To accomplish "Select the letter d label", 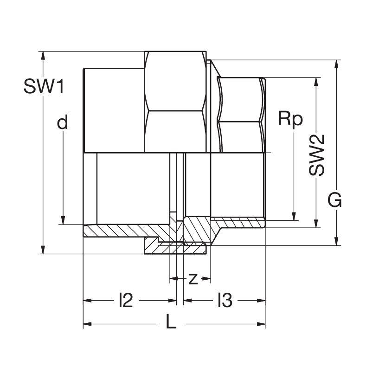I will (x=63, y=122).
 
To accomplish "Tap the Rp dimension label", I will (x=290, y=119).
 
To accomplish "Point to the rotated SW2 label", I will (x=317, y=155).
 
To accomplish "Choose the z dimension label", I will (x=193, y=279).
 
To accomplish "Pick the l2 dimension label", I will (x=126, y=301).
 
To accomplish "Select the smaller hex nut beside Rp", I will (x=241, y=114).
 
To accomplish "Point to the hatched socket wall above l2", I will (x=125, y=231).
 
